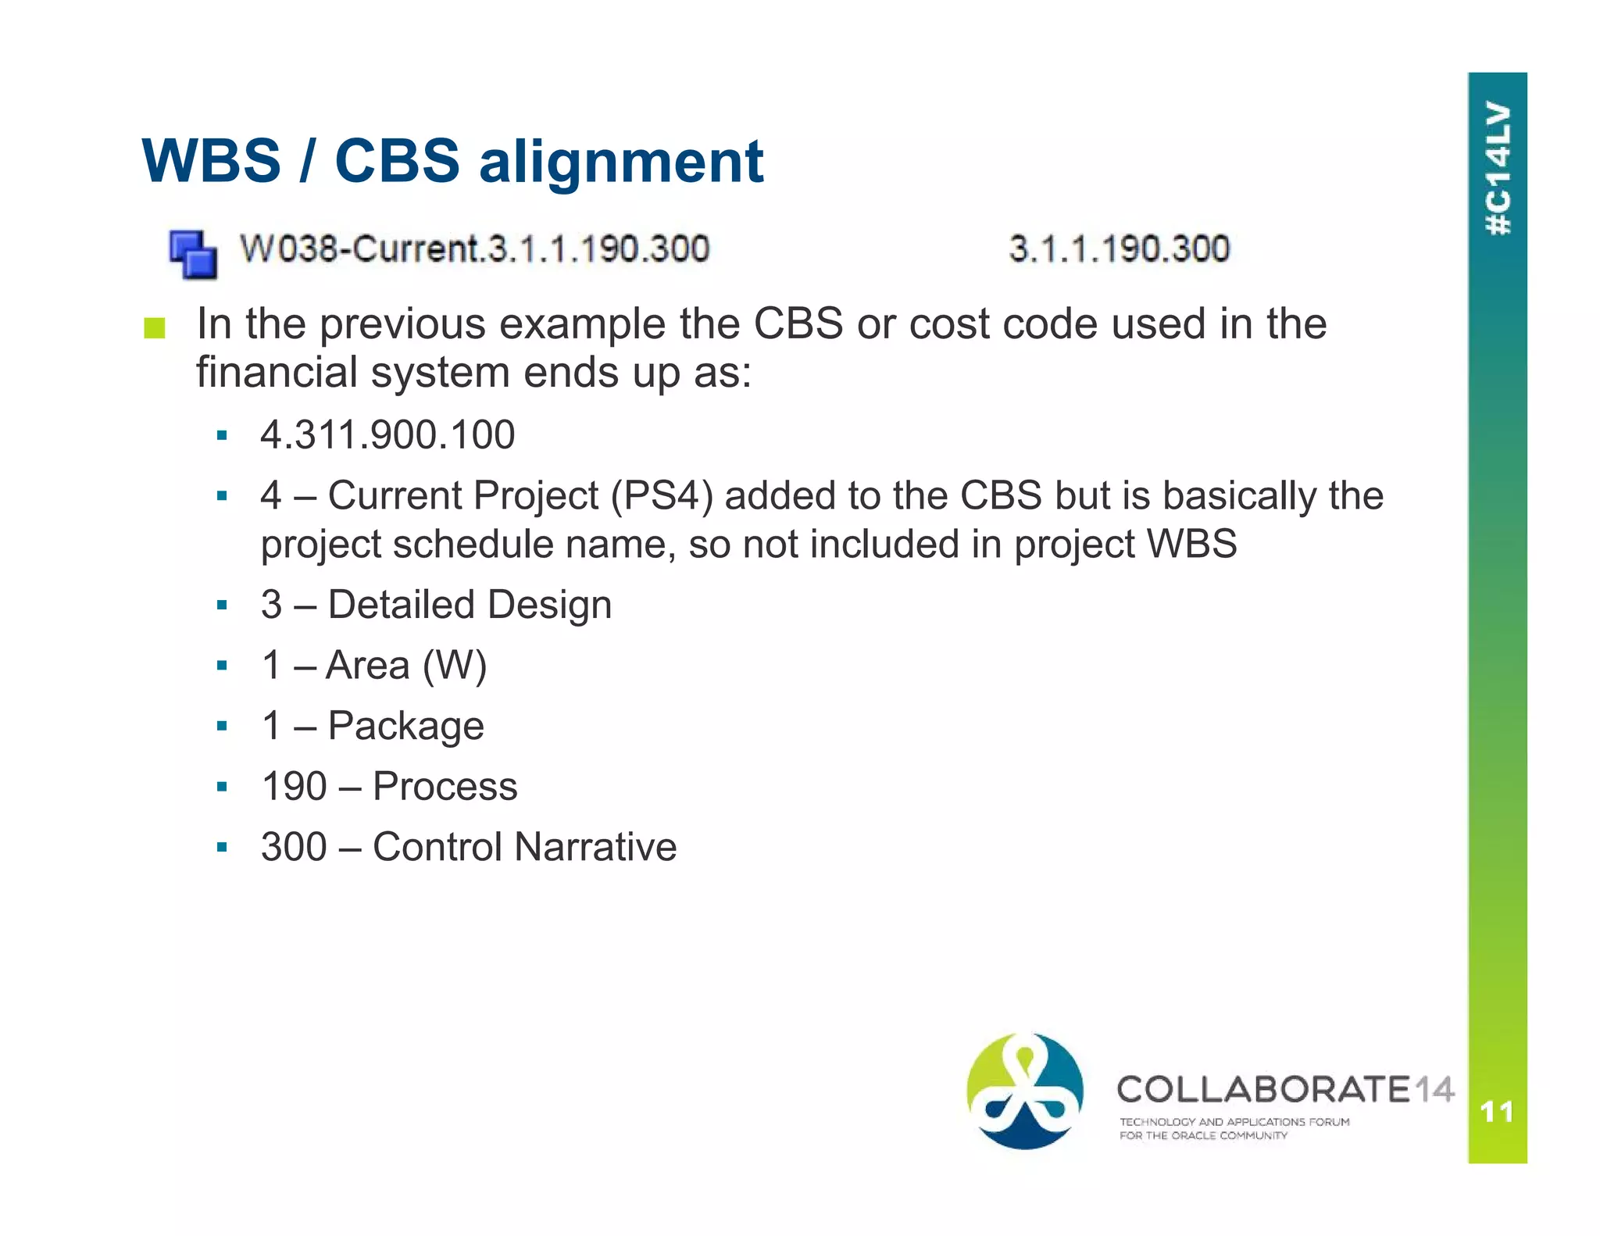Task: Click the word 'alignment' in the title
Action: click(621, 162)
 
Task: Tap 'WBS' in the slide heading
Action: click(211, 162)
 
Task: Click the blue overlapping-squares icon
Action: click(193, 254)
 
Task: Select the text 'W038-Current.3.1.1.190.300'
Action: click(474, 249)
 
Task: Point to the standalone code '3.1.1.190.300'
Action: click(1119, 249)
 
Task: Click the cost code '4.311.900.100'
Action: click(387, 434)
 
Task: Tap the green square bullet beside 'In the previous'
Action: click(155, 328)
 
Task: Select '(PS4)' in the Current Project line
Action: click(662, 496)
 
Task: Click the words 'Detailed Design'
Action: click(470, 605)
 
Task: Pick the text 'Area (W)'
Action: click(406, 666)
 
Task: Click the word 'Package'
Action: click(406, 726)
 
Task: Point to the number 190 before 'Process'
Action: click(294, 786)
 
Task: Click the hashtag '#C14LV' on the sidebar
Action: click(1498, 168)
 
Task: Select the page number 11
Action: click(1497, 1111)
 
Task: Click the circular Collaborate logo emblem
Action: click(1025, 1091)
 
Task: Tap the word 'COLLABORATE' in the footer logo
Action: click(1263, 1089)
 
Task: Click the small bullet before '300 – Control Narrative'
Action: click(223, 847)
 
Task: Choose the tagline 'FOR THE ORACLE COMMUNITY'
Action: click(1203, 1136)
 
